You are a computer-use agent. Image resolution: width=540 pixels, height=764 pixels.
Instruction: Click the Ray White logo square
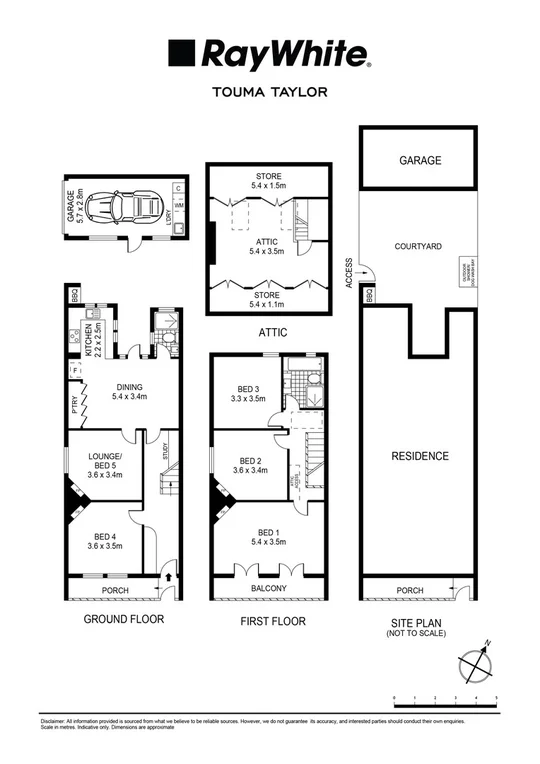point(180,52)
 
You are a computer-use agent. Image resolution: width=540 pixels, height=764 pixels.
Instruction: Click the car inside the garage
point(113,210)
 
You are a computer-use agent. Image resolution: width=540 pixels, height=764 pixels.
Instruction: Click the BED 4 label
point(105,540)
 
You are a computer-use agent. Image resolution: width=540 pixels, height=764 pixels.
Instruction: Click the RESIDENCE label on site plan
point(420,456)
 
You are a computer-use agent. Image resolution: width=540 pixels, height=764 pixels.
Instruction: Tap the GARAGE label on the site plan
point(420,160)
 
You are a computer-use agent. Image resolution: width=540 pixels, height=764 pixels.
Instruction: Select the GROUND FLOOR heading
point(122,620)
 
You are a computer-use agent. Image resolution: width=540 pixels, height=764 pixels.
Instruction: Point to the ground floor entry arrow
point(169,577)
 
